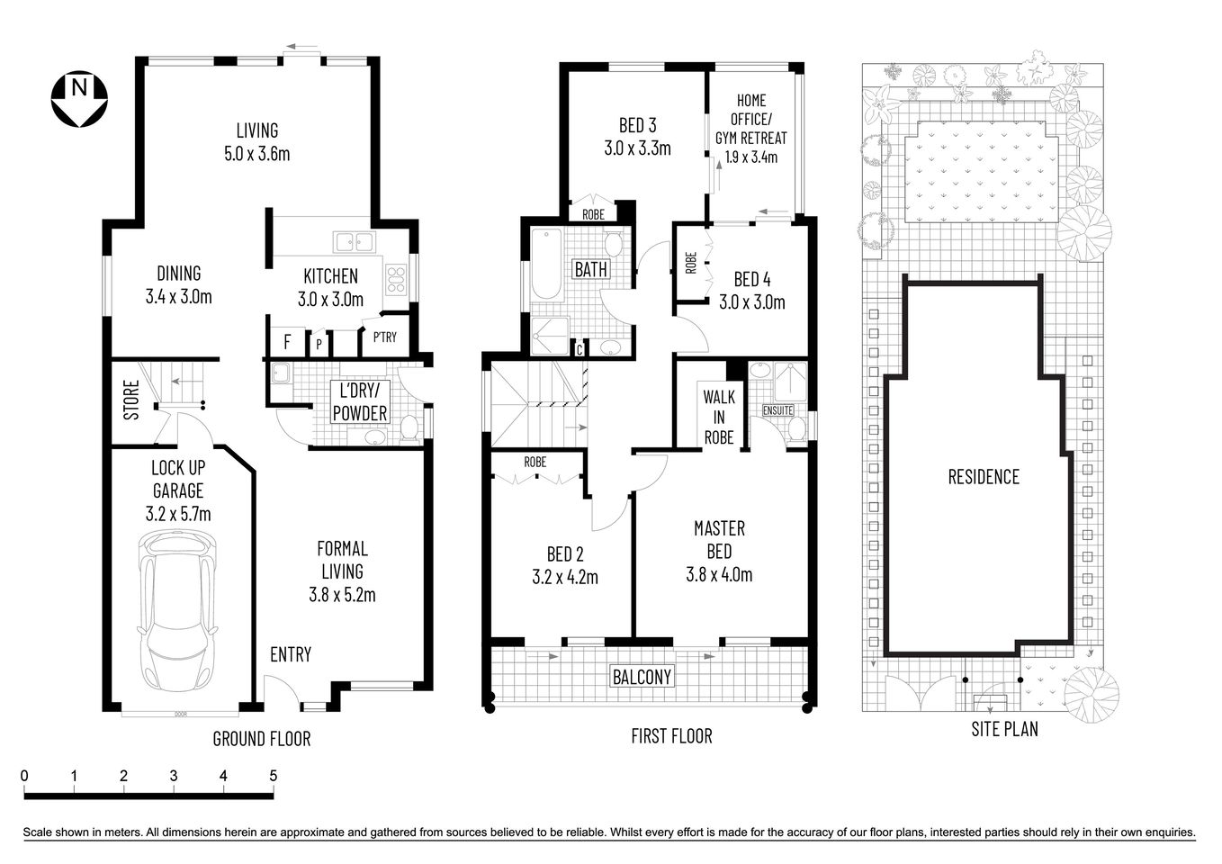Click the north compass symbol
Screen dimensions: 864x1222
coord(79,97)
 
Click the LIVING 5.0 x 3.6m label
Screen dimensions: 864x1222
coord(256,142)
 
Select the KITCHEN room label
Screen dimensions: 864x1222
coord(330,276)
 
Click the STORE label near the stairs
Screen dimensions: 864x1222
coord(131,400)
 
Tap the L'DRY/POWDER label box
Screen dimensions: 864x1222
coord(360,402)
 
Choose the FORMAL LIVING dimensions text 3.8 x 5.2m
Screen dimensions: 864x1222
coord(342,595)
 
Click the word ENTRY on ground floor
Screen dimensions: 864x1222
coord(291,654)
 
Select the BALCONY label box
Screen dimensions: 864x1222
coord(642,676)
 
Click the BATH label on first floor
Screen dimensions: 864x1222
coord(591,269)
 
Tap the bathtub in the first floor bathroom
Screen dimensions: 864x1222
coord(546,265)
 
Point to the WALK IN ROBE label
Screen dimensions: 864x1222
coord(718,417)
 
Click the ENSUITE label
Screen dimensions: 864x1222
coord(777,410)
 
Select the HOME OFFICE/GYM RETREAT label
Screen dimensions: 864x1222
coord(750,129)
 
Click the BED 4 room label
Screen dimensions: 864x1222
coord(751,279)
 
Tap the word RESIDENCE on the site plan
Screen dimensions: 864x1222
coord(984,477)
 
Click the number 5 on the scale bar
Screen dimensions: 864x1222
coord(273,776)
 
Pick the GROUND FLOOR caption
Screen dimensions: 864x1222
coord(261,739)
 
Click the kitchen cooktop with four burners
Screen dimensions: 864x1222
coord(395,278)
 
